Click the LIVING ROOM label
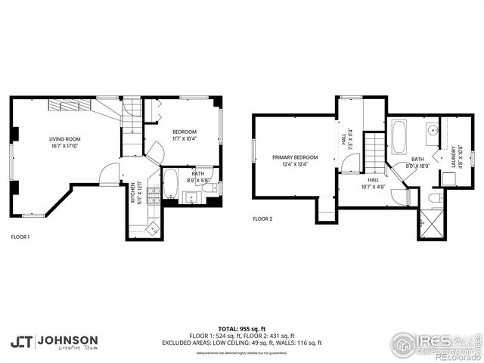64,139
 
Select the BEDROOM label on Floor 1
184,132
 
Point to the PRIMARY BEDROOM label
295,157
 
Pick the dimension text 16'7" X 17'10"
64,147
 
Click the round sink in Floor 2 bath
431,130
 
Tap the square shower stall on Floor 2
431,225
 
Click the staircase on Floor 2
375,151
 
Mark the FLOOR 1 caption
20,237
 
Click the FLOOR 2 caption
264,219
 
